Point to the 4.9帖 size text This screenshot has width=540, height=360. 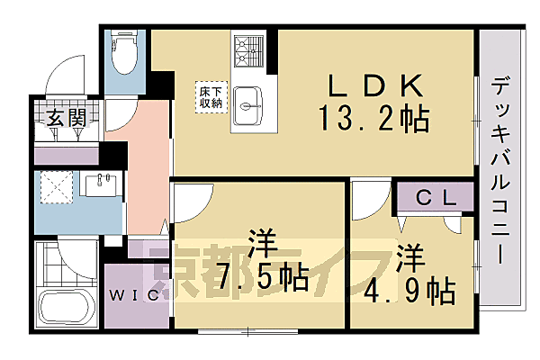tap(410, 290)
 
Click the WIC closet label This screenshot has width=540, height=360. tap(138, 294)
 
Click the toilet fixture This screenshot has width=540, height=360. tap(121, 56)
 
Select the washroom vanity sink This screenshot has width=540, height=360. tap(99, 184)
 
